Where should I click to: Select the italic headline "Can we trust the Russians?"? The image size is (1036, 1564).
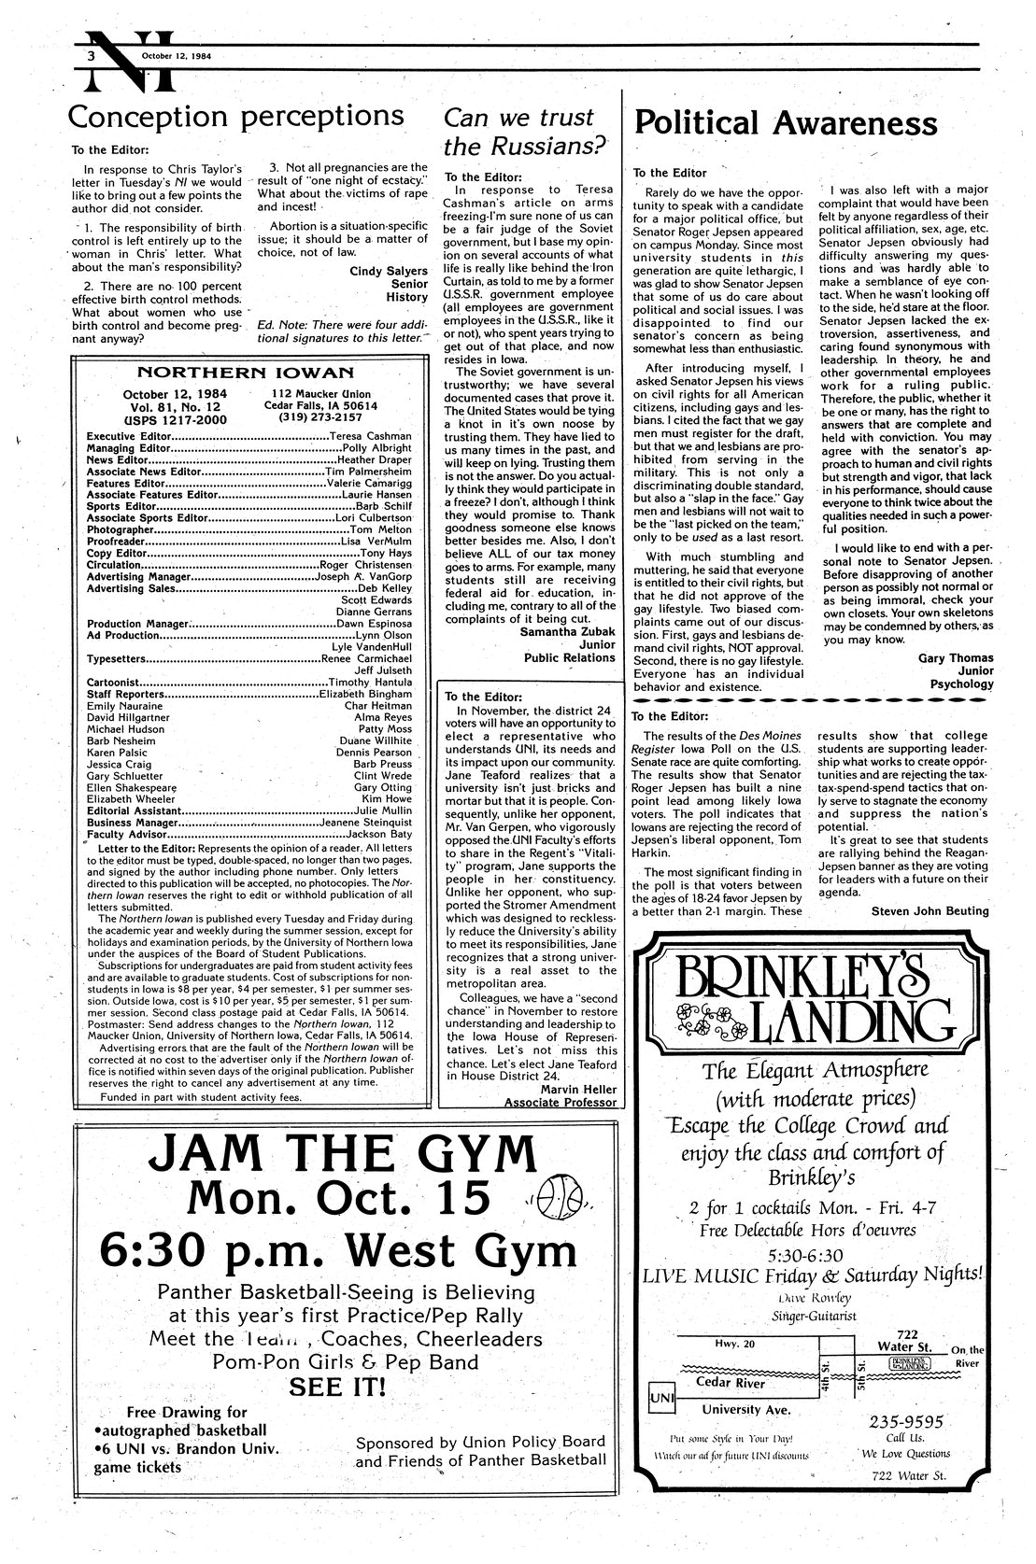519,132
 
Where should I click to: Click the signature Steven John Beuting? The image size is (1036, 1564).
929,910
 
